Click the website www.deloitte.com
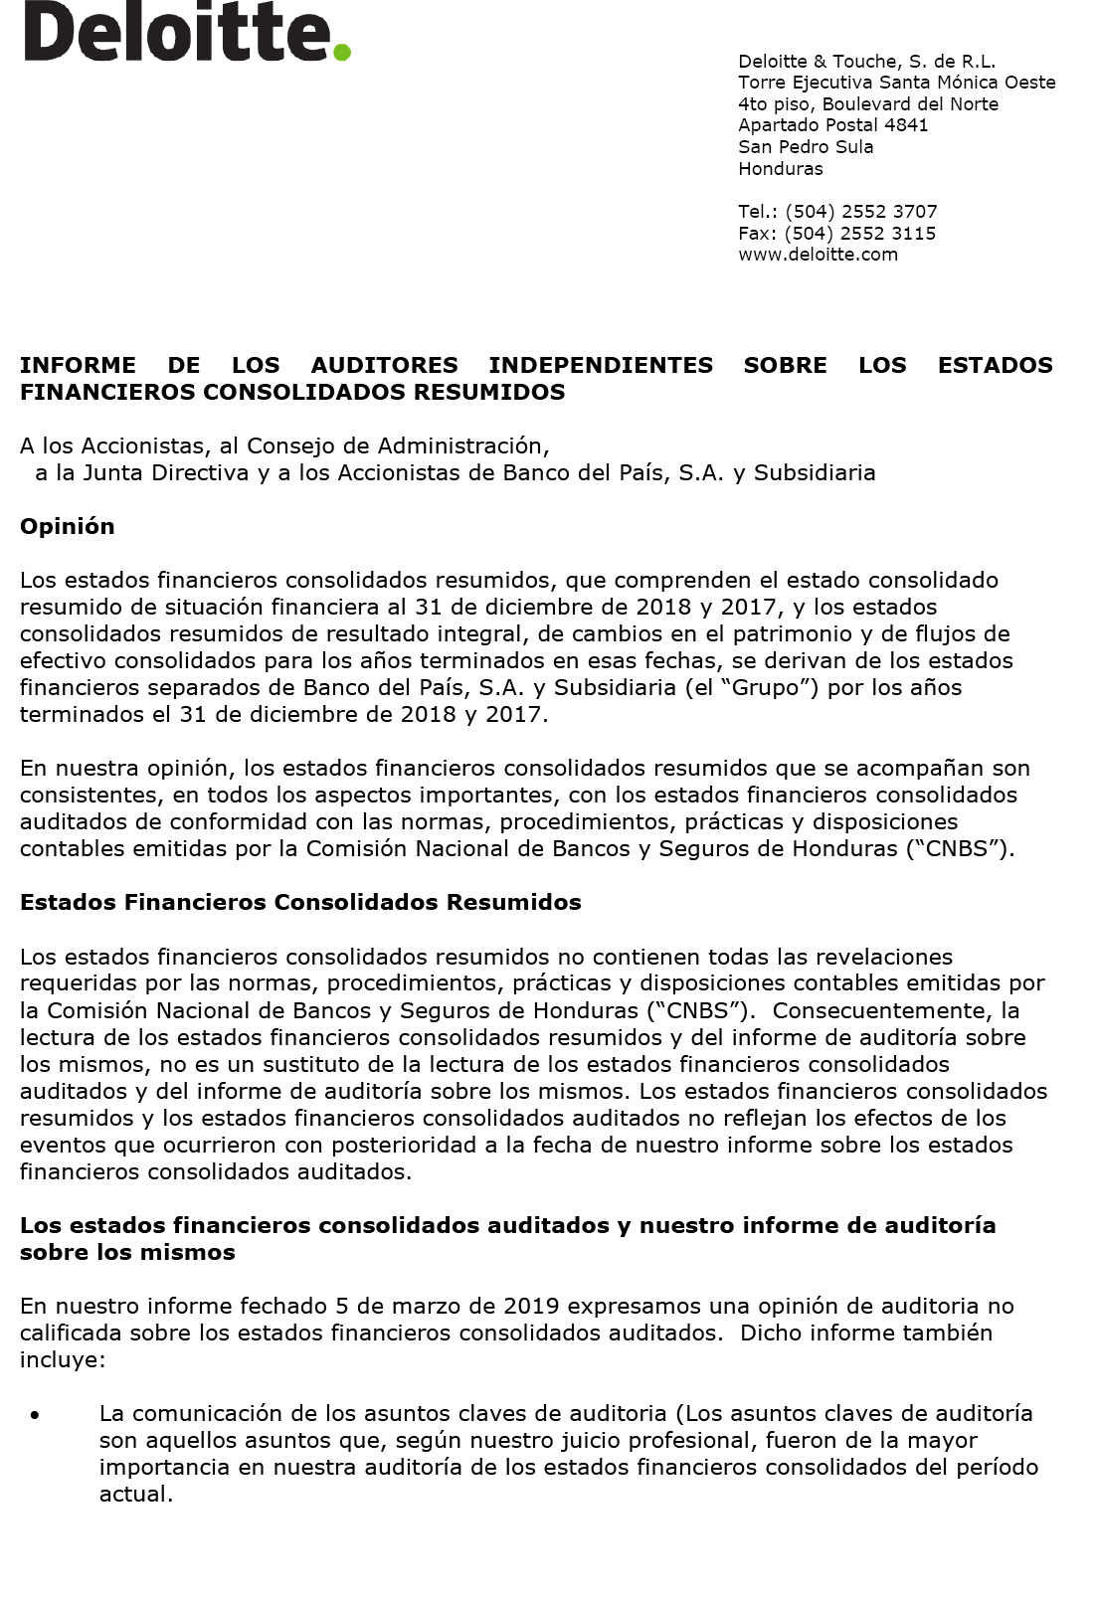pos(818,255)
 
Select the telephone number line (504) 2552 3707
pos(837,212)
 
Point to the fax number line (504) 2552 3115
pos(836,234)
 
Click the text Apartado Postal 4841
pos(832,125)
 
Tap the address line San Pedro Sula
pos(806,147)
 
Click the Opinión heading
pos(68,526)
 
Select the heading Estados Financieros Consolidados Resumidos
pos(300,902)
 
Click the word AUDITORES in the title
pos(384,365)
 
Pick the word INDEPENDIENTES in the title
pos(601,365)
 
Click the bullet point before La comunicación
pos(36,1415)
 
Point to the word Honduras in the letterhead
pos(781,169)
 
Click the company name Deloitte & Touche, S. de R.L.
pos(866,62)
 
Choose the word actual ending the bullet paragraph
pos(135,1494)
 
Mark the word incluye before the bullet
pos(62,1359)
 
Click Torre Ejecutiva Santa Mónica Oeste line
pos(896,83)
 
